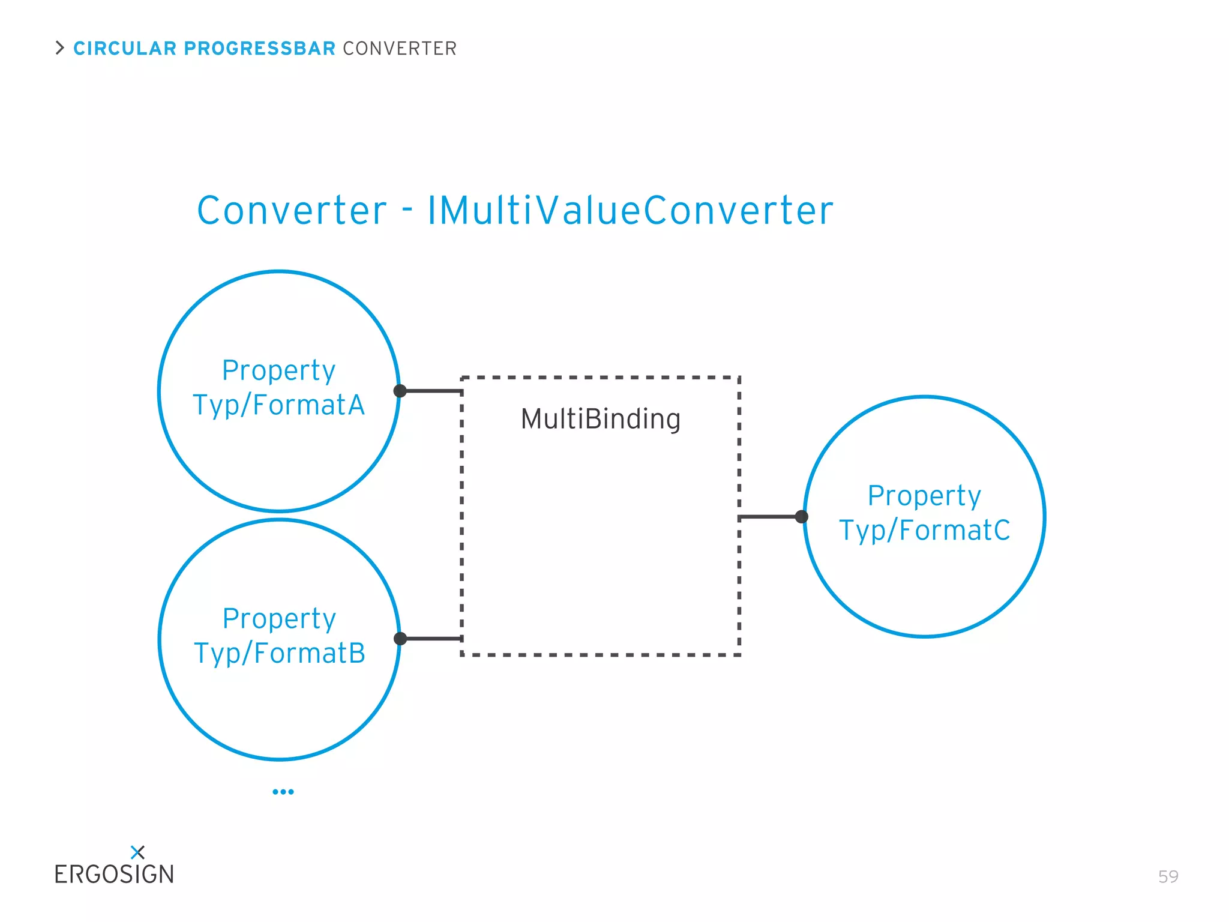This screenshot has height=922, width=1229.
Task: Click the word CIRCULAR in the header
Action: tap(125, 48)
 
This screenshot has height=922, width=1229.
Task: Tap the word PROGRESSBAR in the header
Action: tap(259, 48)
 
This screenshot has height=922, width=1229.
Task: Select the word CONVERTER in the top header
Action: tap(400, 48)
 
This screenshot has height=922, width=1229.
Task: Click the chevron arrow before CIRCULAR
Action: tap(59, 47)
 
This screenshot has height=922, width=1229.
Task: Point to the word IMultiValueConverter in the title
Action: tap(630, 211)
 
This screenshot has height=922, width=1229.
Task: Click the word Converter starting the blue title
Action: tap(292, 211)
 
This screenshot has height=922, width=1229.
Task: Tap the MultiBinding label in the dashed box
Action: tap(601, 419)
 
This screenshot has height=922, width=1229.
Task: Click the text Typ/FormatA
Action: tap(279, 405)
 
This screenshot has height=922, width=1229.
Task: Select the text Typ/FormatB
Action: tap(280, 653)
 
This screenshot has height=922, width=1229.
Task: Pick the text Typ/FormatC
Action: tap(925, 531)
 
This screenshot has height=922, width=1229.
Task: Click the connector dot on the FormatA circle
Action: tap(400, 391)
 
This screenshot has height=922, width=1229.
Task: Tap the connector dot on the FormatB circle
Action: tap(400, 639)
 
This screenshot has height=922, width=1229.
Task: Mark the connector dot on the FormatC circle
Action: tap(802, 517)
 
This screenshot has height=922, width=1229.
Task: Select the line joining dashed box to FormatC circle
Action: tap(769, 517)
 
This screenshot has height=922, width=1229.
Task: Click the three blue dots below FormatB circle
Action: tap(283, 792)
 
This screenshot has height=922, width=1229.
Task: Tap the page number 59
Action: tap(1168, 876)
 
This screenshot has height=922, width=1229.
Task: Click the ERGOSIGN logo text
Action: tap(114, 875)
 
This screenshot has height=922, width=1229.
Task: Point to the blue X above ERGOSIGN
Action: tap(137, 852)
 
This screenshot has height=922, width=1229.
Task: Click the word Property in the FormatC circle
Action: tap(924, 496)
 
